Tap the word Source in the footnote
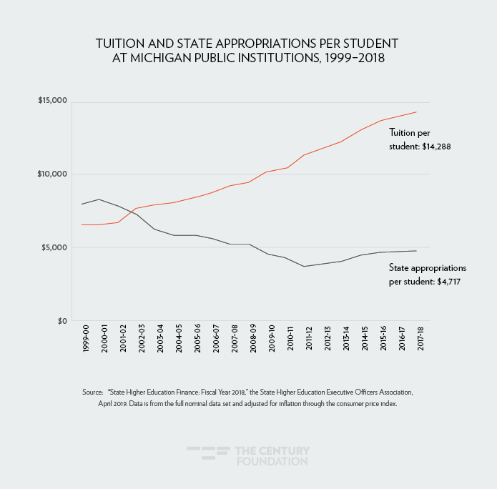click(93, 392)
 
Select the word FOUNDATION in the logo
click(272, 462)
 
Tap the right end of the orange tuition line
click(416, 112)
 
